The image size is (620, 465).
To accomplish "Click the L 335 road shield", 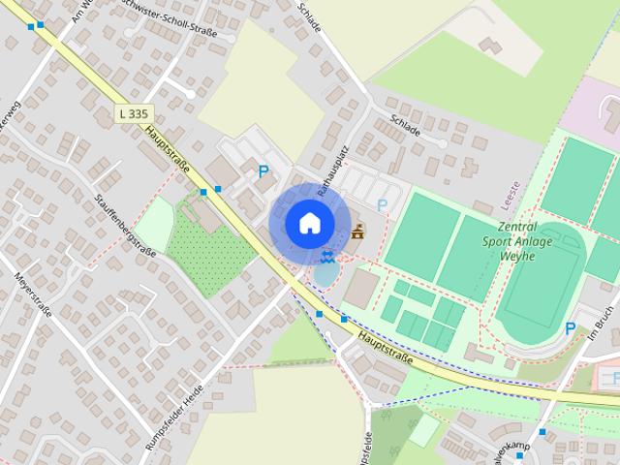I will (x=134, y=113).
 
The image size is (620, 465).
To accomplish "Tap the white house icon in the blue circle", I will (x=309, y=223).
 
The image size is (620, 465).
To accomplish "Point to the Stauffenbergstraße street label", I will (x=126, y=225).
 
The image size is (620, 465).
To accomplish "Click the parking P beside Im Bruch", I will (x=571, y=329).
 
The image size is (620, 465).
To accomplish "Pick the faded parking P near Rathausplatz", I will (x=383, y=205).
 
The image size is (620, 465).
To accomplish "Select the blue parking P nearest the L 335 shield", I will (x=263, y=171).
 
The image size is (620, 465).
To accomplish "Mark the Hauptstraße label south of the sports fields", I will (x=386, y=347).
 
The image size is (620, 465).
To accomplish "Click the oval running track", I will (x=542, y=291).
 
